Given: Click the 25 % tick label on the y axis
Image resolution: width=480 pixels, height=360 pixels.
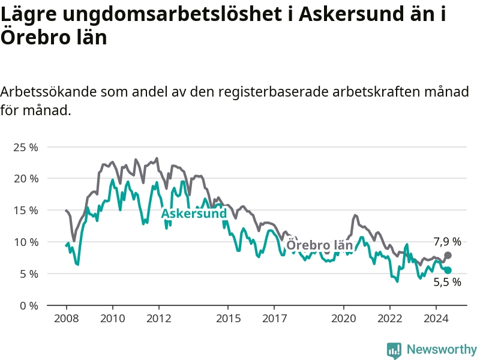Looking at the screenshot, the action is [26, 148].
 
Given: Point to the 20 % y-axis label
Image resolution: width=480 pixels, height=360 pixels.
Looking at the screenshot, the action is [26, 179].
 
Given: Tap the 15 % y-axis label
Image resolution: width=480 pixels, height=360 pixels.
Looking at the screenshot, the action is [26, 211].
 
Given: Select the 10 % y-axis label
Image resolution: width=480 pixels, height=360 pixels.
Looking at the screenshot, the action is [26, 242].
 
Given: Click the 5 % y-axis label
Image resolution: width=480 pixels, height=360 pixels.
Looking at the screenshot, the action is [29, 274].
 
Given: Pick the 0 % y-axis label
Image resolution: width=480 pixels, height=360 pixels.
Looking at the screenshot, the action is [29, 306].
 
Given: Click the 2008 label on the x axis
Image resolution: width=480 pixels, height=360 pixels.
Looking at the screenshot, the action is [67, 319].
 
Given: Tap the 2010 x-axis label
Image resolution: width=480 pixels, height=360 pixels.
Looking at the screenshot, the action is [113, 319].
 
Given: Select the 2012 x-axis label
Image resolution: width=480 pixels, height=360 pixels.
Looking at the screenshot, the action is [159, 319].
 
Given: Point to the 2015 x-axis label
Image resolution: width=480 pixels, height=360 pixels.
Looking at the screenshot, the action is [229, 319].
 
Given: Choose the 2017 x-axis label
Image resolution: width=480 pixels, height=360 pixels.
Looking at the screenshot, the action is [275, 319].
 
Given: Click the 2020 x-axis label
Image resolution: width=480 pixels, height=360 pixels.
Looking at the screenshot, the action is [344, 319].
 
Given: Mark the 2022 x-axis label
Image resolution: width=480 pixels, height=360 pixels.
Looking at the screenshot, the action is [390, 319].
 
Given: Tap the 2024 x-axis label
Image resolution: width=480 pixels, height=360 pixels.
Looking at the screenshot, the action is [436, 319].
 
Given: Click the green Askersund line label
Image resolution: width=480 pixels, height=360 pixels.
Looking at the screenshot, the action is [194, 214].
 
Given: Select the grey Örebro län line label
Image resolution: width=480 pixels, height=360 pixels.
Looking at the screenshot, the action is [320, 245].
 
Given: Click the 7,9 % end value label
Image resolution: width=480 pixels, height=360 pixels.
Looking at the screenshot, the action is [447, 242].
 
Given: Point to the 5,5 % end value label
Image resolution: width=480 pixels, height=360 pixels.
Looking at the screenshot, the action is [447, 282].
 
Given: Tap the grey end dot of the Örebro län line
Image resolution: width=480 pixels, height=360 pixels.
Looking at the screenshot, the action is [448, 256].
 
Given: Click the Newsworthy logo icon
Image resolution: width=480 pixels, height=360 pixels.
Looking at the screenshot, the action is [394, 350].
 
